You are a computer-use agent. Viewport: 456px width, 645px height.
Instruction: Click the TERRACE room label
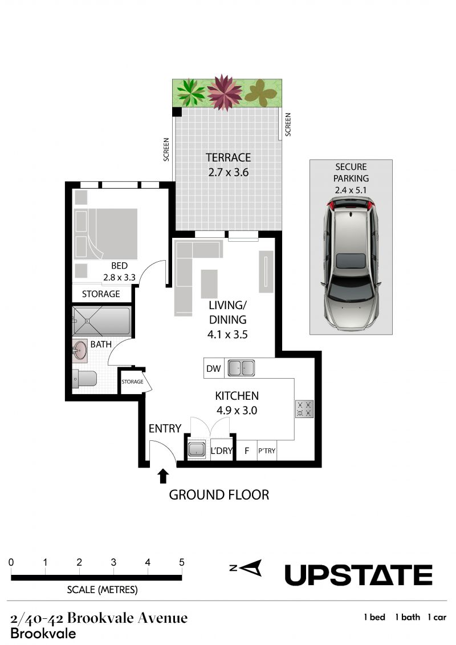coord(228,157)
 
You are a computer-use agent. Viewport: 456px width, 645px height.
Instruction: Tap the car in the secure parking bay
coord(351,263)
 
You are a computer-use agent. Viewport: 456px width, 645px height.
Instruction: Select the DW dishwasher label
coord(213,368)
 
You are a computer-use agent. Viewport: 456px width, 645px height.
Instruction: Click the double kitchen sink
coord(241,368)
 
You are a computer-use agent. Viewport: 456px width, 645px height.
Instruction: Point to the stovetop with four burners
coord(304,409)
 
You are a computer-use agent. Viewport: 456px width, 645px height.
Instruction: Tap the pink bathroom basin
coord(80,351)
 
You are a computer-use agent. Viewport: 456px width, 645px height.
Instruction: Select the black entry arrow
coord(163,476)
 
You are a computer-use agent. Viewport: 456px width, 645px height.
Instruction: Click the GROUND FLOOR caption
coord(219,494)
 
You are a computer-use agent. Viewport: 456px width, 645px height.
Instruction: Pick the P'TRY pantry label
coord(266,451)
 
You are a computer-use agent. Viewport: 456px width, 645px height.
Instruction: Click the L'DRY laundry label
coord(221,451)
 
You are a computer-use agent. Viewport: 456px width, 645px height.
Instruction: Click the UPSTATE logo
coord(358,575)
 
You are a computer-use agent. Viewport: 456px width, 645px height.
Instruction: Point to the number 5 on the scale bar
coord(181,562)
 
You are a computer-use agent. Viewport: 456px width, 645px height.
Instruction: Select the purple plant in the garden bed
coord(224,92)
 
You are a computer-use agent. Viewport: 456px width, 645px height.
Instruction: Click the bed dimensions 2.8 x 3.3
coord(119,277)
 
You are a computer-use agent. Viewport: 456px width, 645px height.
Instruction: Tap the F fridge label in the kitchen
coord(247,451)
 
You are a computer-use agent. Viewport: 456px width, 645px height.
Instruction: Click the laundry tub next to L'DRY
coord(197,449)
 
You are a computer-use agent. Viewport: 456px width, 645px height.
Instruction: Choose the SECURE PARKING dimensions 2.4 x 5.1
coord(351,190)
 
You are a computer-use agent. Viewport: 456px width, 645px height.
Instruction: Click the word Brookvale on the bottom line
coord(43,634)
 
